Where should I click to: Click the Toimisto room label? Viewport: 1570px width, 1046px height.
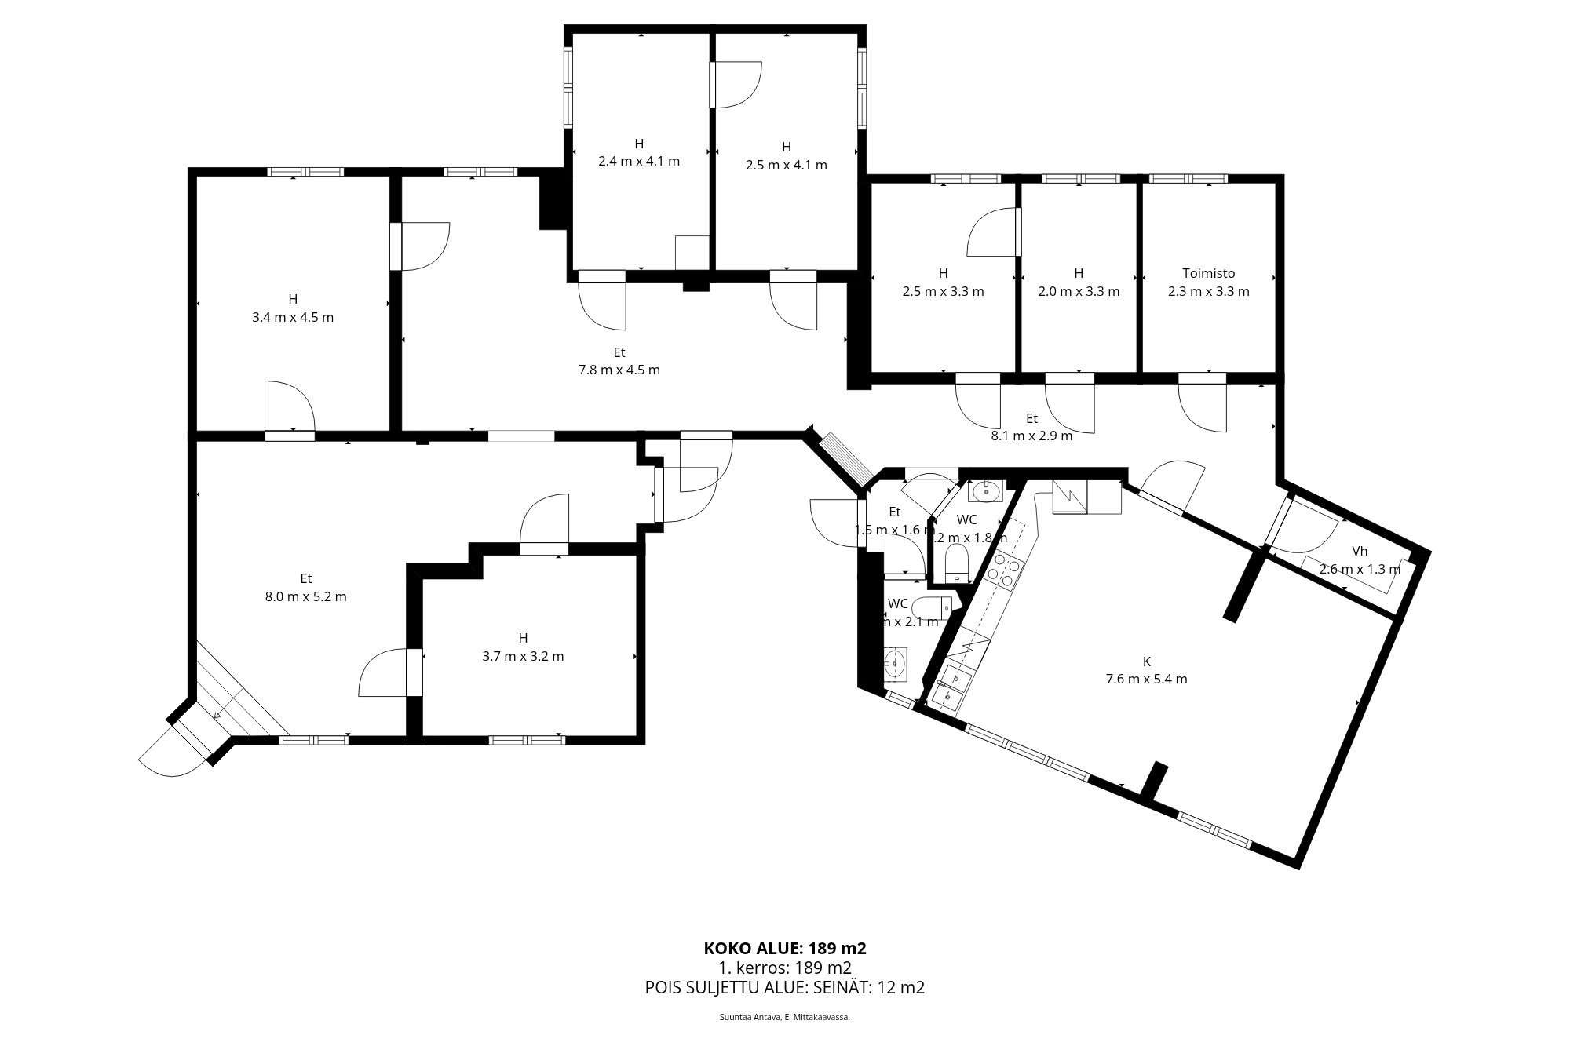pos(1208,273)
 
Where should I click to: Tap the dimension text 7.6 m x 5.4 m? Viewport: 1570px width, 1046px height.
pos(1146,679)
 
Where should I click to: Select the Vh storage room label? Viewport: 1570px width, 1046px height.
pos(1360,551)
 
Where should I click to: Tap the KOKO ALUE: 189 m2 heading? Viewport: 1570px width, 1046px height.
pos(785,948)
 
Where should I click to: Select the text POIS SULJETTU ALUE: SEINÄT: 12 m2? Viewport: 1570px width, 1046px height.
pos(785,987)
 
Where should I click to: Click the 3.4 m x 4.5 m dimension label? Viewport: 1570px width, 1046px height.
pos(293,317)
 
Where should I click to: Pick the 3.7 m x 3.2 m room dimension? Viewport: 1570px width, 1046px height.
pos(523,656)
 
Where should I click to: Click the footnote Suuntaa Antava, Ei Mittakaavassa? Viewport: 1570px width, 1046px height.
pos(785,1016)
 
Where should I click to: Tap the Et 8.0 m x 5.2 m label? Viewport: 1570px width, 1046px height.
pos(305,588)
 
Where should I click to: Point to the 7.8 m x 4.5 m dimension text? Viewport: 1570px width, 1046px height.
pos(619,370)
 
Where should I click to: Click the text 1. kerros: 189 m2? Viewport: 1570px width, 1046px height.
pos(785,968)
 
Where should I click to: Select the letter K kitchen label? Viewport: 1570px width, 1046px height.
pos(1146,661)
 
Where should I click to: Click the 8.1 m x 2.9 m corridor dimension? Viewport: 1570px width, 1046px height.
pos(1031,436)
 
